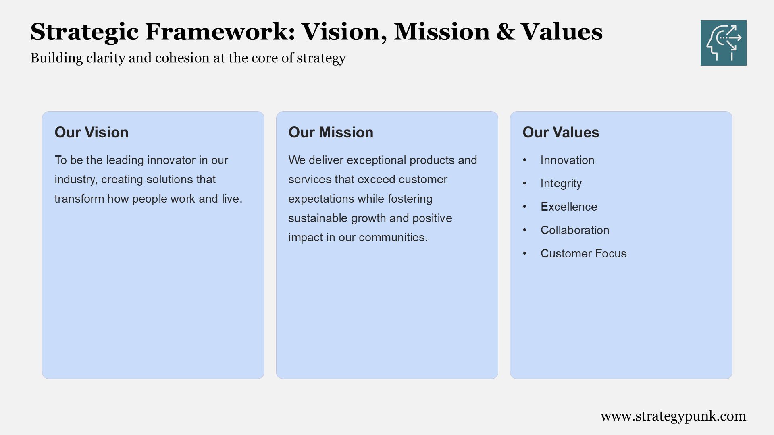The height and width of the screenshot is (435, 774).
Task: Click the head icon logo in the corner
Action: click(723, 43)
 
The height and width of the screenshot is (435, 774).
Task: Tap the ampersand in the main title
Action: click(506, 32)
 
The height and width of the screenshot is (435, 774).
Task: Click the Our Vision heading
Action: click(92, 133)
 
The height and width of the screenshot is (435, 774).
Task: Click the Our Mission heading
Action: click(331, 133)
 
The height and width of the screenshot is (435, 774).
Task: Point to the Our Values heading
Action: click(561, 133)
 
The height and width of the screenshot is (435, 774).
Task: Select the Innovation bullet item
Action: click(567, 160)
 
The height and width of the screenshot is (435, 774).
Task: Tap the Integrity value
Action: click(561, 184)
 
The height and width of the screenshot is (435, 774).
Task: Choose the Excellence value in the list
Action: click(569, 207)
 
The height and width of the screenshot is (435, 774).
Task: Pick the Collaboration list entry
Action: click(575, 230)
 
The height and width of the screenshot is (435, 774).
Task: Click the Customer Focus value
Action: click(584, 253)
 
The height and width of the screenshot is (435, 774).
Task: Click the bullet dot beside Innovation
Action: click(524, 160)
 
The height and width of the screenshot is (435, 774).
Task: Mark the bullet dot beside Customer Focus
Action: click(524, 253)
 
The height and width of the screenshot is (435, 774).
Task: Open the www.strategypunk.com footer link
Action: click(673, 416)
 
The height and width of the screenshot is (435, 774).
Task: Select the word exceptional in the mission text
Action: click(372, 160)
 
